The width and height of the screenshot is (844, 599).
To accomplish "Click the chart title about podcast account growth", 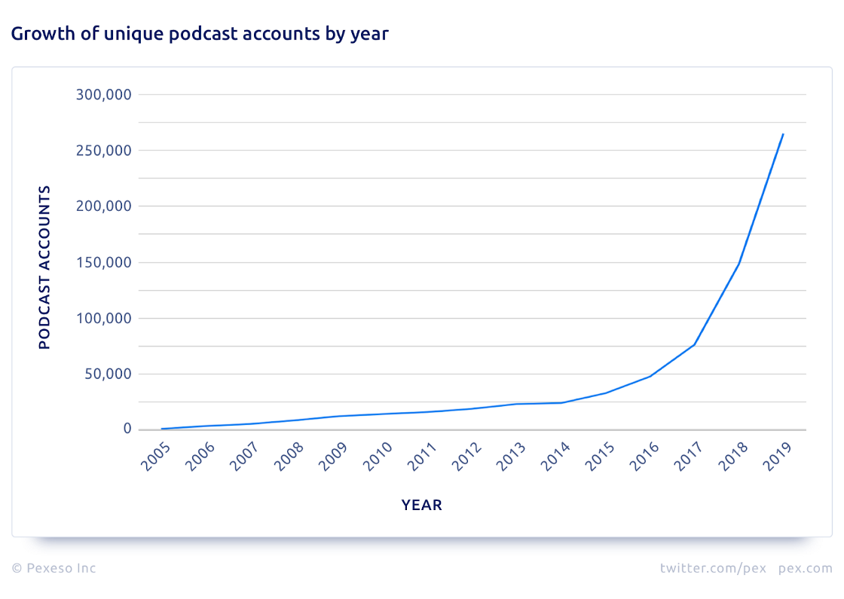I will click(x=199, y=34).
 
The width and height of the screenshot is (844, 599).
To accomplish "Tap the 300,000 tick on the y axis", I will click(x=104, y=95).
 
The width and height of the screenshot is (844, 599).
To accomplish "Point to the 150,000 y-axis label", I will click(x=104, y=263).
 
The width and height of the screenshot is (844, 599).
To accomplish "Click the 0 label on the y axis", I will click(x=127, y=429).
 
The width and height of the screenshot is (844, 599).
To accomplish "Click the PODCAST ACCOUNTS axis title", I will click(x=44, y=267).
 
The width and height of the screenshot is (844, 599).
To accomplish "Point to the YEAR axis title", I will click(x=421, y=506).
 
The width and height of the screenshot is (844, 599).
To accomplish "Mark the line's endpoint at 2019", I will click(x=784, y=134).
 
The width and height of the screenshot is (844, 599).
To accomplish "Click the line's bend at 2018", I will click(x=738, y=264).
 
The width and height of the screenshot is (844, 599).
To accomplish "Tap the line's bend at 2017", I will click(x=694, y=344).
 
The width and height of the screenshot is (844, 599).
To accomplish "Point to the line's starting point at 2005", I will click(x=162, y=429).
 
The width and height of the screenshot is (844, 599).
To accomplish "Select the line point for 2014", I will click(x=561, y=402).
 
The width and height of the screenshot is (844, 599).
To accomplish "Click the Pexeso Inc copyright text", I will click(x=54, y=568).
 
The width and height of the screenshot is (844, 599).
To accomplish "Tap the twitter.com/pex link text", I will click(x=713, y=568).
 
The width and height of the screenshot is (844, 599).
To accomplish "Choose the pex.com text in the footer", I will click(x=805, y=568).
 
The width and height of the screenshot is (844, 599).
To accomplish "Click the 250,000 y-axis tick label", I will click(x=104, y=151).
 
